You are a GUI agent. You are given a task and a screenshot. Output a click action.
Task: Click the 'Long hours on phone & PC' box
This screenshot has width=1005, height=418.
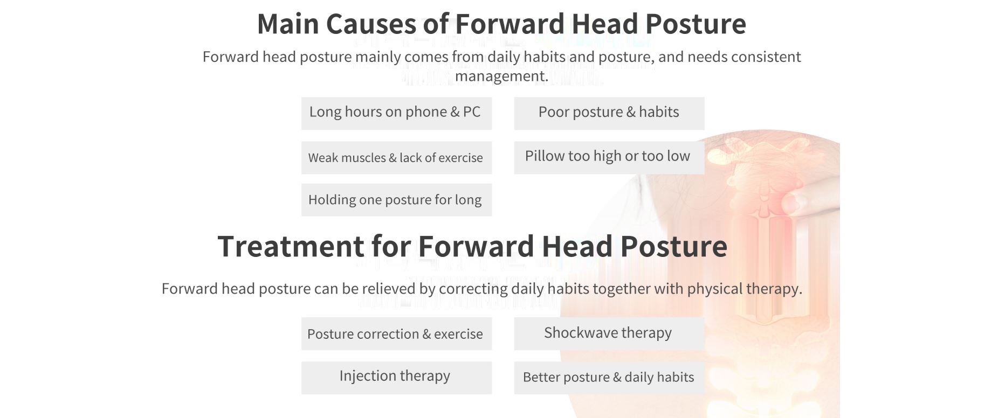(x=396, y=113)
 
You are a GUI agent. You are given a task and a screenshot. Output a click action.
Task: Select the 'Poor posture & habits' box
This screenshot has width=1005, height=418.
(x=609, y=113)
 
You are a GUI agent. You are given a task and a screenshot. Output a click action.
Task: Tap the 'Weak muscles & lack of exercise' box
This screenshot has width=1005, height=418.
(x=396, y=157)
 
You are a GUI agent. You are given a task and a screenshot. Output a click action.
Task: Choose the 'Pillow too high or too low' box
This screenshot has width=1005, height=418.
(x=609, y=157)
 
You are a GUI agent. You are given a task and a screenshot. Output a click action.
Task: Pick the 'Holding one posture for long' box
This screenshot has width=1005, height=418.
(x=396, y=200)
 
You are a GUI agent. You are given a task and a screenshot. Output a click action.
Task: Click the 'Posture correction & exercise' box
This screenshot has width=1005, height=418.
(x=396, y=333)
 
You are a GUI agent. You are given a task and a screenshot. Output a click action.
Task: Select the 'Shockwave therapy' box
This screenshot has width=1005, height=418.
(x=609, y=333)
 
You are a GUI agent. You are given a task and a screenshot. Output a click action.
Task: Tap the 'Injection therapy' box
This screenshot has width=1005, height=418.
(x=396, y=378)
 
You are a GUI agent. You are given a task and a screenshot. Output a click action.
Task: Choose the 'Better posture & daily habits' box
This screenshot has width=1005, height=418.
(x=609, y=378)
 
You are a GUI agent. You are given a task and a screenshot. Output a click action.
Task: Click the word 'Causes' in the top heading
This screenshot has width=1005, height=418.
(x=371, y=24)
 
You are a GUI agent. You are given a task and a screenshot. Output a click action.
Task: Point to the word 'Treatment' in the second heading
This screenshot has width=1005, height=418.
(x=291, y=246)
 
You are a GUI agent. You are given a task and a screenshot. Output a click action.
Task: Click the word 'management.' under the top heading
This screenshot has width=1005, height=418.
(x=501, y=76)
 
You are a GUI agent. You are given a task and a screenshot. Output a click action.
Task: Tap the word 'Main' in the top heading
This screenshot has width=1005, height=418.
(x=288, y=24)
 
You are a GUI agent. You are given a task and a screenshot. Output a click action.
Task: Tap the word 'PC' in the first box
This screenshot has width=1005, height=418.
(x=472, y=112)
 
